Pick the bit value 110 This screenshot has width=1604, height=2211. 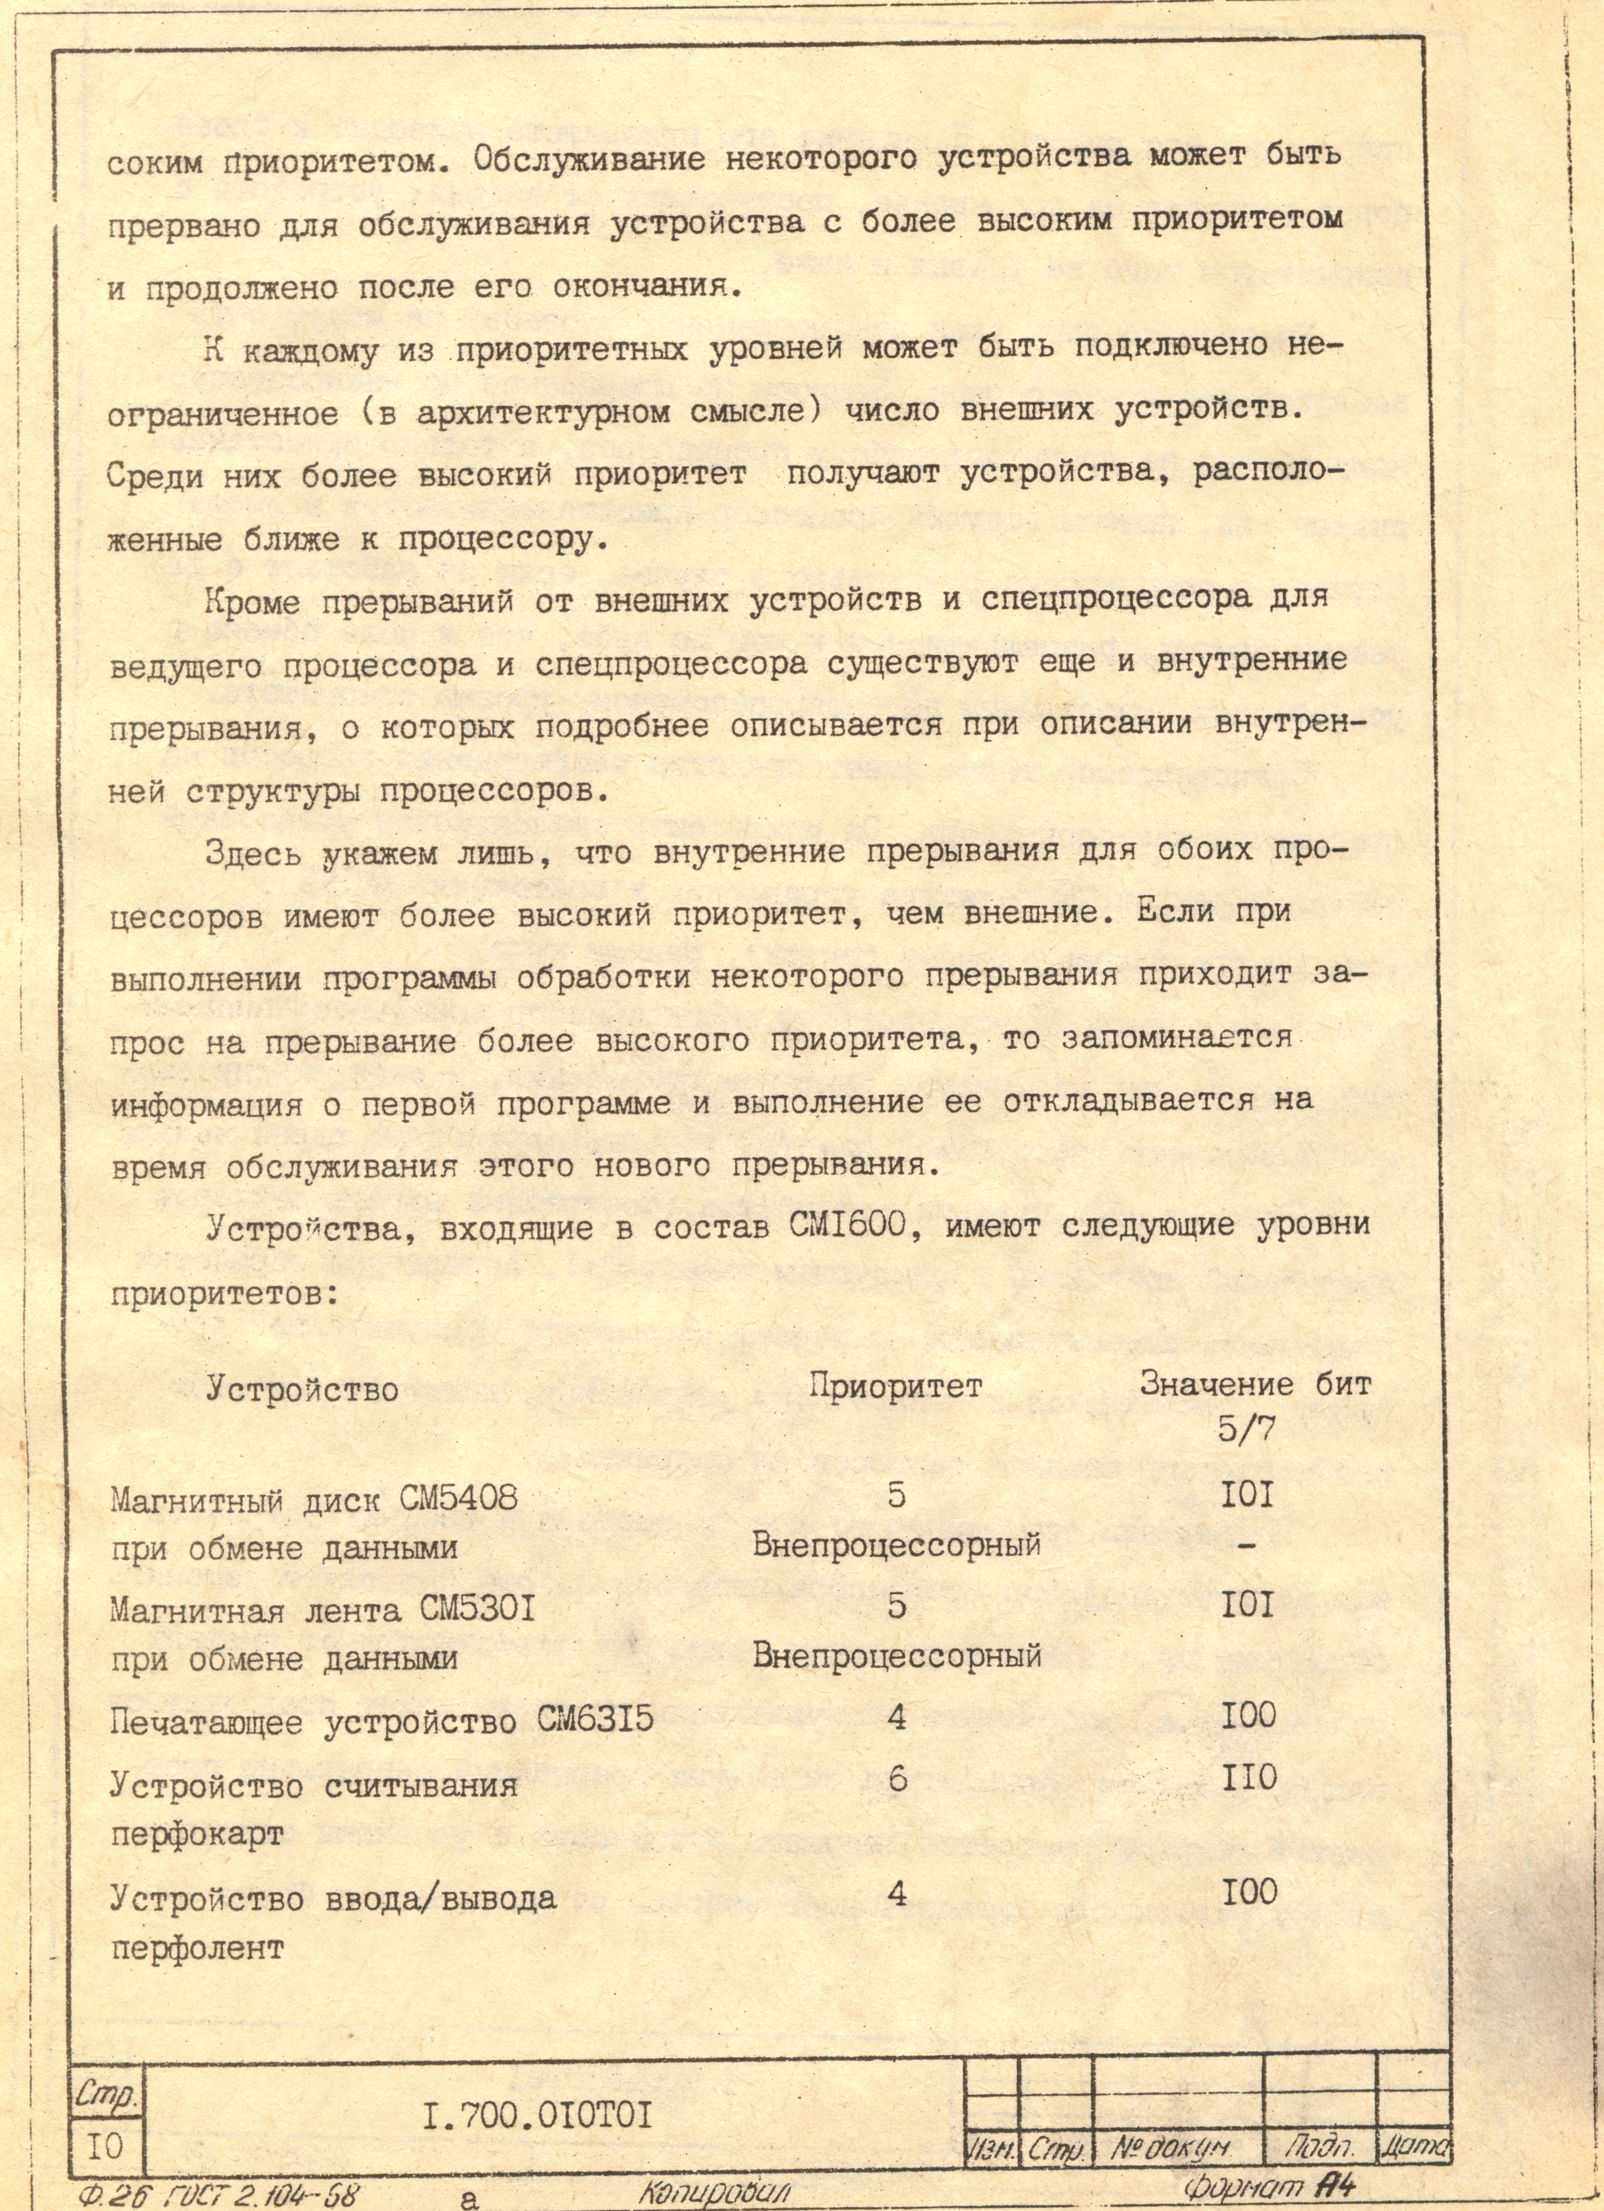(x=1248, y=1777)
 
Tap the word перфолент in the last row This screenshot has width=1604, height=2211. (x=197, y=1948)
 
